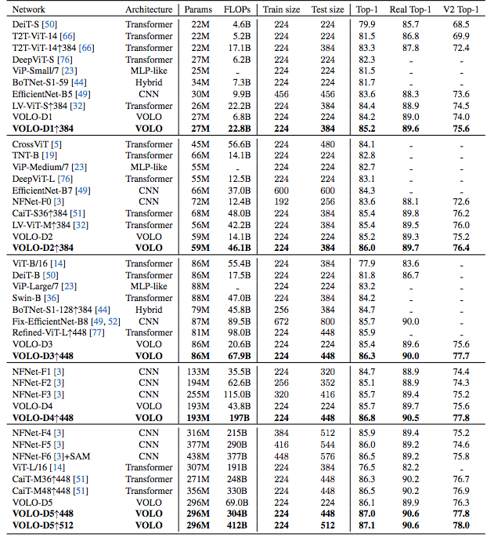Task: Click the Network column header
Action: [x=31, y=9]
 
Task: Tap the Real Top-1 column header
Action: [x=409, y=9]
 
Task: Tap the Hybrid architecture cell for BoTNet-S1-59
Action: [x=149, y=82]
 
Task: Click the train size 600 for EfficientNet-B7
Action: [x=282, y=191]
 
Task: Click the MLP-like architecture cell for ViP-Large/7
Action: [x=149, y=286]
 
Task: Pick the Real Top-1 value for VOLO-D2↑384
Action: [x=409, y=249]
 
